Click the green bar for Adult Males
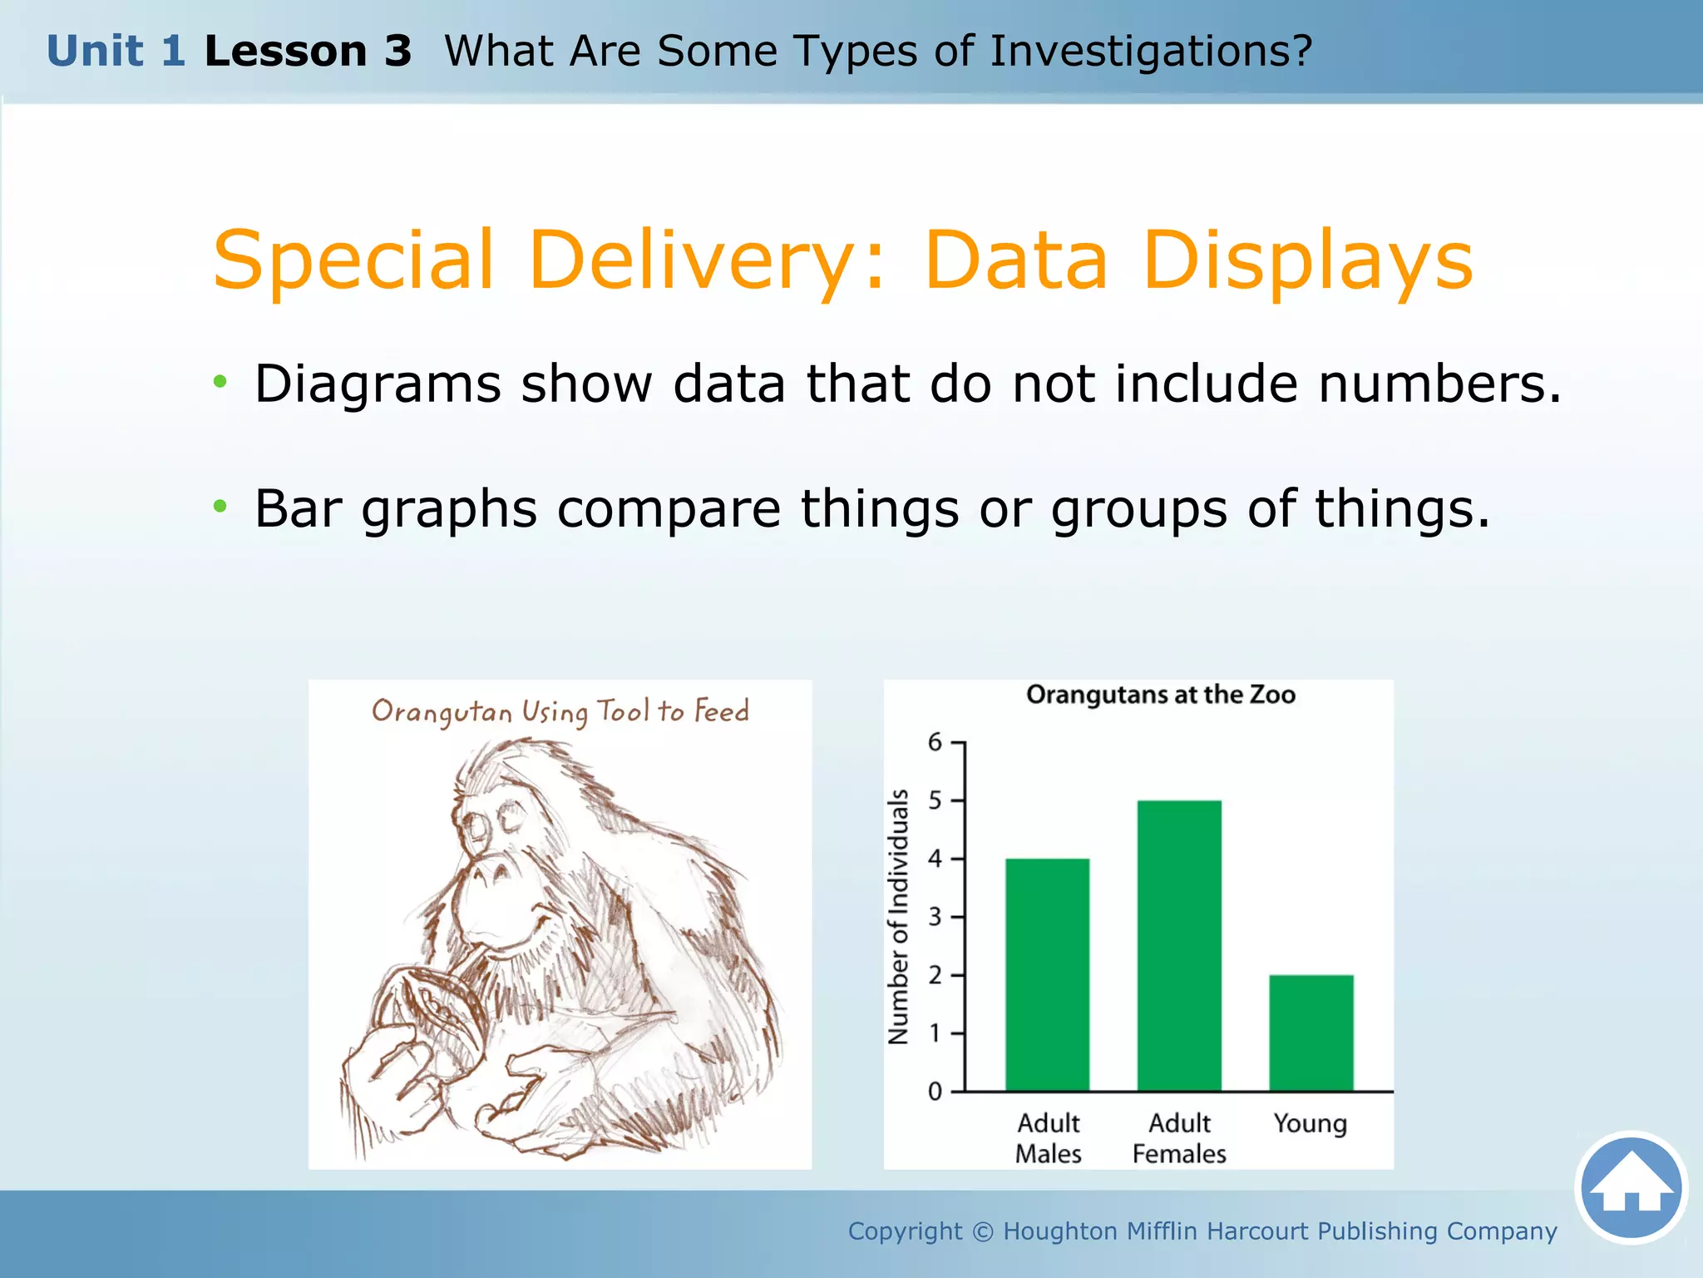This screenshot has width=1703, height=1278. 1047,974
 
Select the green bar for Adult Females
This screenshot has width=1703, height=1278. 1179,945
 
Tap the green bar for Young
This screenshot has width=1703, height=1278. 1311,1033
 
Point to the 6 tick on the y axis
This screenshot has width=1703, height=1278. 935,741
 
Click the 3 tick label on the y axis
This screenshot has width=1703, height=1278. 935,917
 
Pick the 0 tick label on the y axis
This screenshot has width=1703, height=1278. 935,1092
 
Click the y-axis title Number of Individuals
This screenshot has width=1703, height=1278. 899,917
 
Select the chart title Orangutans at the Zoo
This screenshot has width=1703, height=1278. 1160,695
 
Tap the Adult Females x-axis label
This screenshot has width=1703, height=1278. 1179,1138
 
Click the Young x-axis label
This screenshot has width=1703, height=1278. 1310,1124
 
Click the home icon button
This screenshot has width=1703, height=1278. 1631,1187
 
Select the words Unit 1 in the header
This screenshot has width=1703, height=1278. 116,52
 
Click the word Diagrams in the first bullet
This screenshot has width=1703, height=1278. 378,384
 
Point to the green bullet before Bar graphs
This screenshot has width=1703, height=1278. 220,506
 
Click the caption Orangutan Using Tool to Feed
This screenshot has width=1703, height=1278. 560,711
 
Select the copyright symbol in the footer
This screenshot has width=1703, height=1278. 982,1231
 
